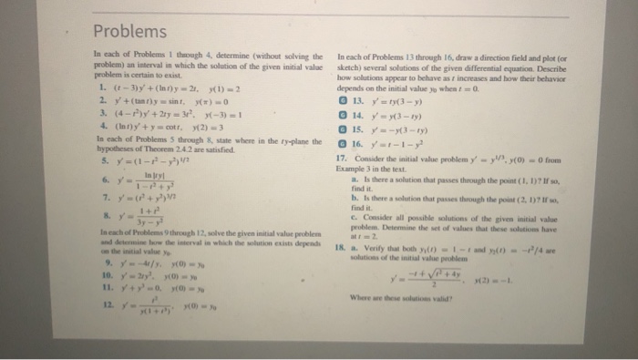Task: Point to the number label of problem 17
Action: (x=341, y=155)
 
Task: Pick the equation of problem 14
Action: (x=391, y=116)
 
